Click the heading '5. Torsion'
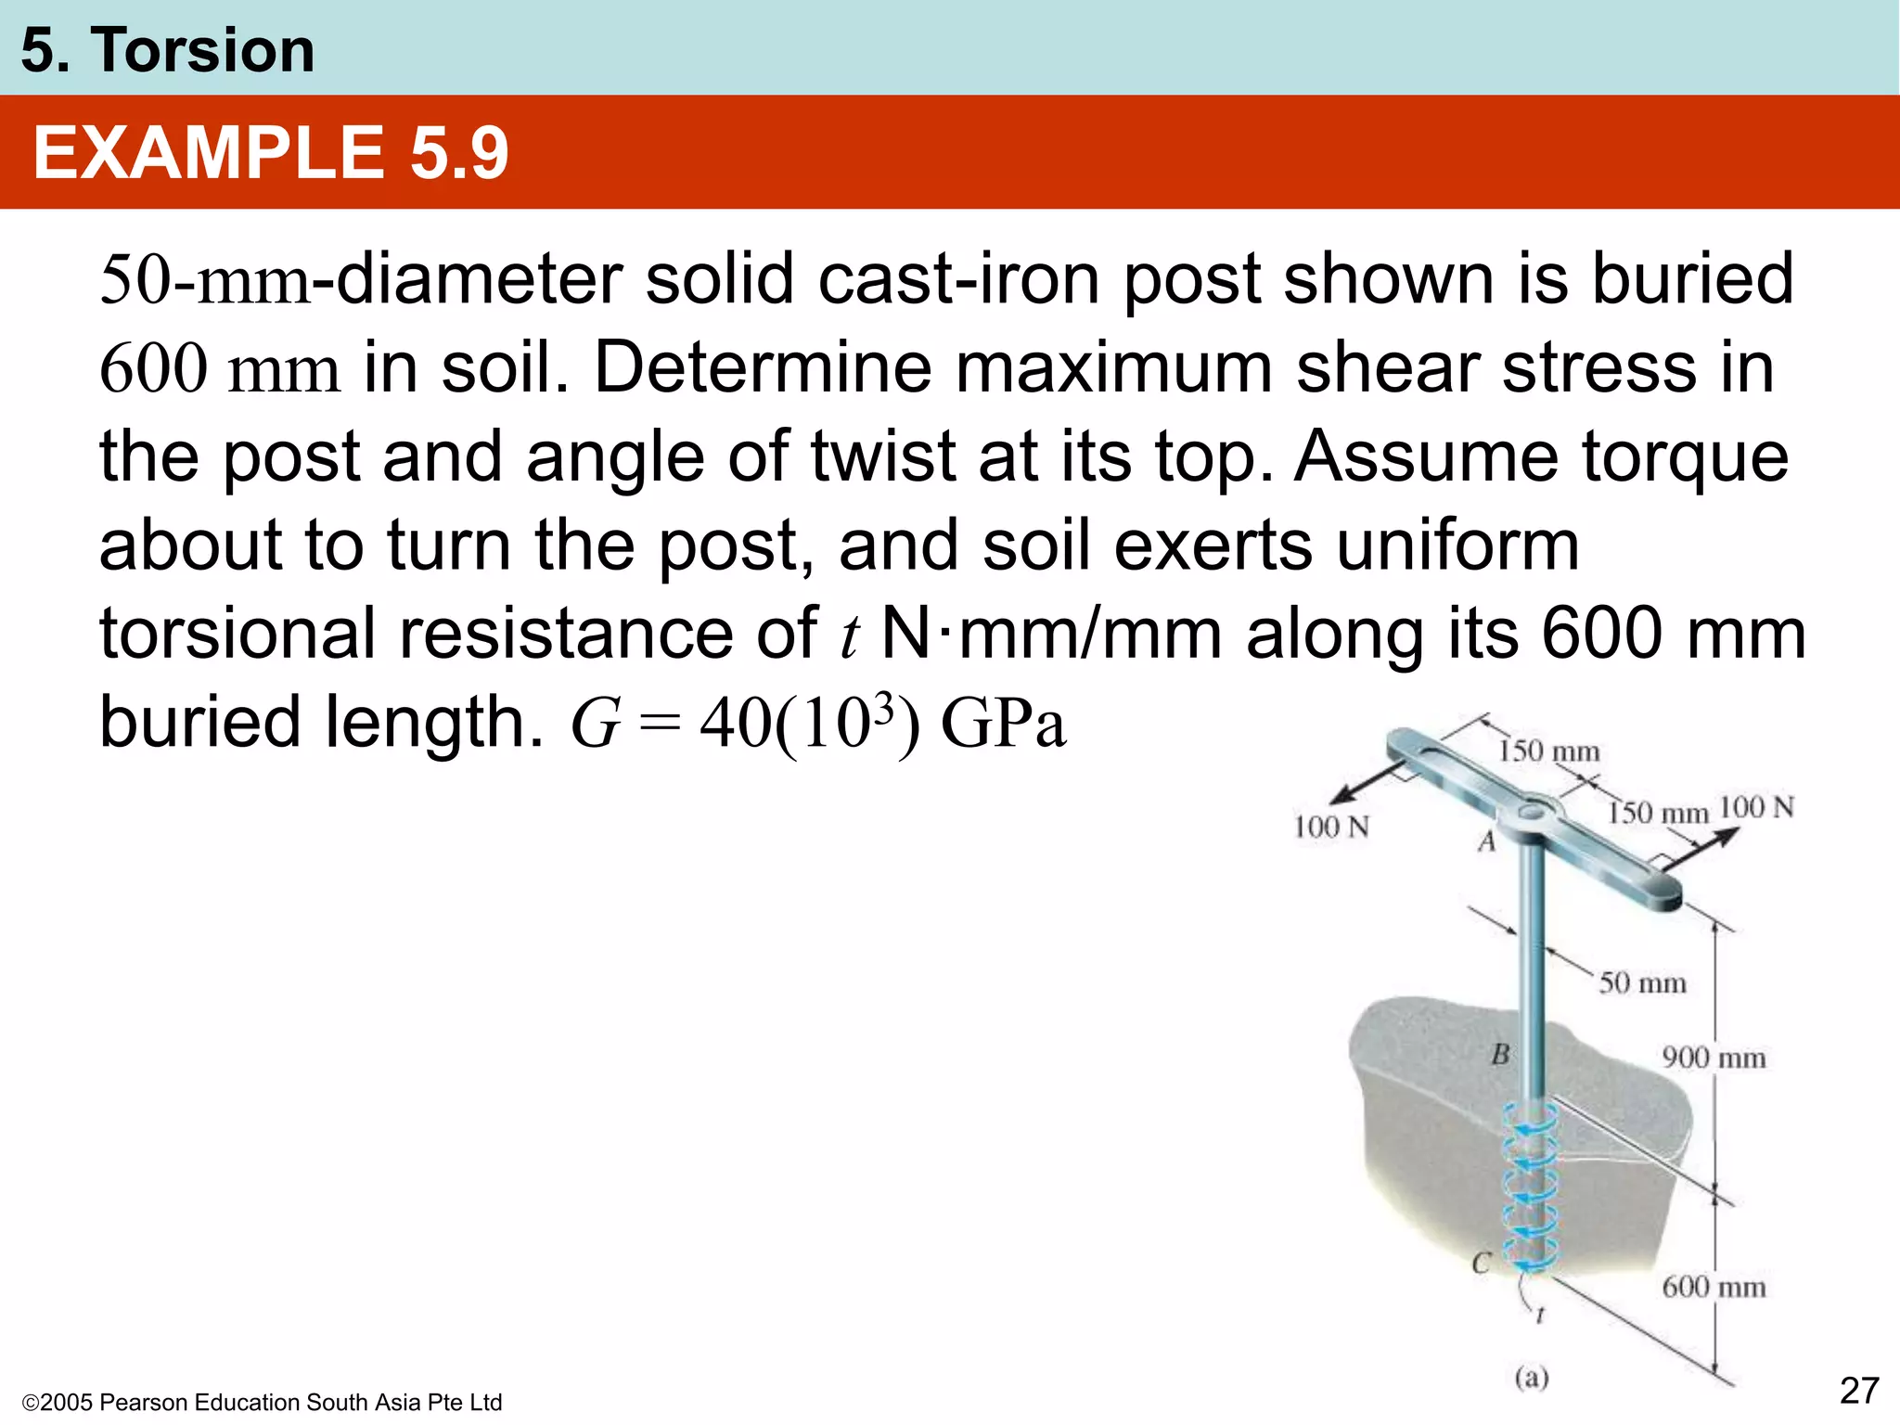coord(168,50)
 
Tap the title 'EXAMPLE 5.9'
coord(270,153)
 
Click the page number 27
coord(1859,1391)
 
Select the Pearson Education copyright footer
coord(262,1402)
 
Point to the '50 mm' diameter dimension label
coord(1642,982)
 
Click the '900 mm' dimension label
coord(1714,1058)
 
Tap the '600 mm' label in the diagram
coord(1714,1287)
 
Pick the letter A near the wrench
coord(1487,841)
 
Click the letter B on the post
coord(1500,1055)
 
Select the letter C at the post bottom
coord(1482,1263)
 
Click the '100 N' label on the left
coord(1331,827)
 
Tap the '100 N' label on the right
coord(1756,807)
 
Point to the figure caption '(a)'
coord(1532,1378)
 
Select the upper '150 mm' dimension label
coord(1548,751)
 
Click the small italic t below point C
coord(1540,1315)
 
